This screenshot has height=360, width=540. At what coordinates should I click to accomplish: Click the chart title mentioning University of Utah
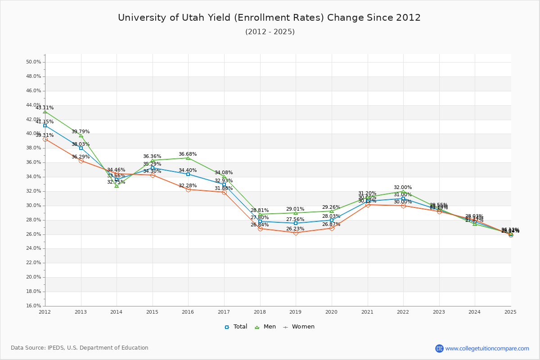point(269,18)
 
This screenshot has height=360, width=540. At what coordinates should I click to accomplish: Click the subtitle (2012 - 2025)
point(270,31)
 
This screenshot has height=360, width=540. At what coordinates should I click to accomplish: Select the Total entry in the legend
point(236,327)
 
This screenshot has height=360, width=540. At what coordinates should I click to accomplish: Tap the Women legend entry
point(299,327)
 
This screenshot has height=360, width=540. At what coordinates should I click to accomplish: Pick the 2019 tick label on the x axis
point(295,311)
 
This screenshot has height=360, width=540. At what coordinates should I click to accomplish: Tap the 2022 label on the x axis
point(403,311)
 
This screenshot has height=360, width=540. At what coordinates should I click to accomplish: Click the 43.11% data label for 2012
point(45,108)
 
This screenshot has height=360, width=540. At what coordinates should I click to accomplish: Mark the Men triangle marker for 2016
point(188,158)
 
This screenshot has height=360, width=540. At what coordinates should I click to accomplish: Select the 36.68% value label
point(188,154)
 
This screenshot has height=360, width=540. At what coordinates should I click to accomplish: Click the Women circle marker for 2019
point(296,233)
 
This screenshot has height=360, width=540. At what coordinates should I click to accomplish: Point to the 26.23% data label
point(295,229)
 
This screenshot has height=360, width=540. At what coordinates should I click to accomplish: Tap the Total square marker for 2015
point(153,168)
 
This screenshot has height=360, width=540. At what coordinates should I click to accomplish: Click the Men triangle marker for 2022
point(403,191)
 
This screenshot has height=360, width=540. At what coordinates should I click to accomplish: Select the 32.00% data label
point(403,188)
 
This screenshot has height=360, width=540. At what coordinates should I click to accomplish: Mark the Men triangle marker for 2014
point(117,186)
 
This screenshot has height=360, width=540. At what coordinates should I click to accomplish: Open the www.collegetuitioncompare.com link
point(487,348)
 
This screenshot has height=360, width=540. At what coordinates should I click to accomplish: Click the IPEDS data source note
point(80,348)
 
